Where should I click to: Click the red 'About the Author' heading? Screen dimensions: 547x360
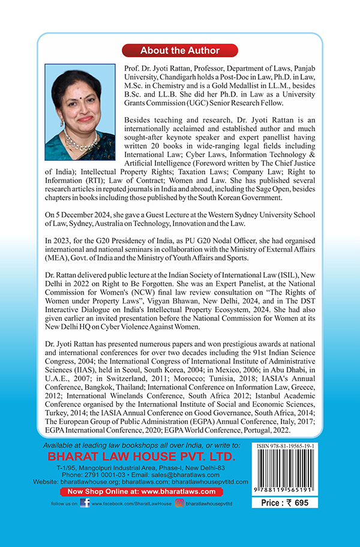pyautogui.click(x=180, y=50)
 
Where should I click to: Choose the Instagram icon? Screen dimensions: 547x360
pyautogui.click(x=179, y=503)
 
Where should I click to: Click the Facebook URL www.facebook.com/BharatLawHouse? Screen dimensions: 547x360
pyautogui.click(x=130, y=504)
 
